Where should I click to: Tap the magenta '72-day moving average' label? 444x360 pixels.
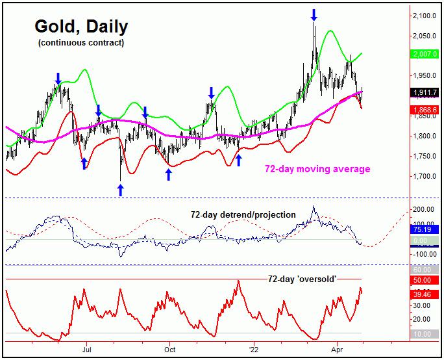tap(317, 169)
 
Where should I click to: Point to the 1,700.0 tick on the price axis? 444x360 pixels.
tap(425, 176)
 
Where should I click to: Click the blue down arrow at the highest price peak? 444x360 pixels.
tap(314, 14)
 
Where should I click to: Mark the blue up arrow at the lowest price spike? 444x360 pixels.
tap(120, 189)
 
